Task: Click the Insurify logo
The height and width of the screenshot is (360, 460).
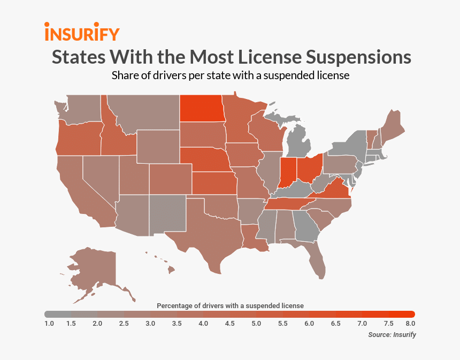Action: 81,32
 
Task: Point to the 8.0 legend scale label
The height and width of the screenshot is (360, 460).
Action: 410,324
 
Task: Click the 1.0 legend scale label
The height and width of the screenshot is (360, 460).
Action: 49,324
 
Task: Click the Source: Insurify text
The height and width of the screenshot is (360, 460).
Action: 392,335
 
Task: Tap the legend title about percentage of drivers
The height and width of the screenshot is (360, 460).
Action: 230,305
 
